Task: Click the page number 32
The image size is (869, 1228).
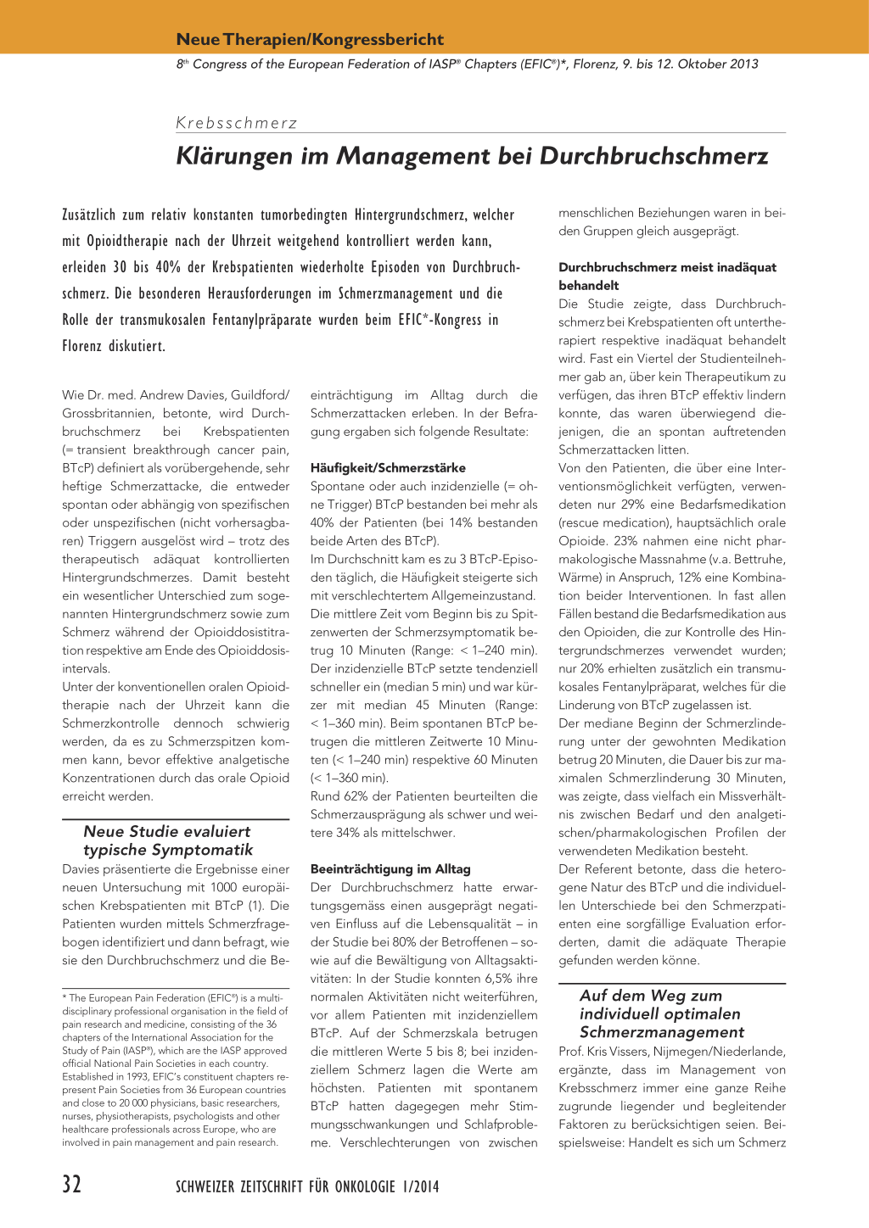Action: coord(72,1185)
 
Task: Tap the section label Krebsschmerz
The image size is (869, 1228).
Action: coord(237,123)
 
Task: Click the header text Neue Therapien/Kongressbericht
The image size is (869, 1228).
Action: coord(310,40)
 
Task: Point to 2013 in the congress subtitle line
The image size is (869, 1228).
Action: coord(743,64)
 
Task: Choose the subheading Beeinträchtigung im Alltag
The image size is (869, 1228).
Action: coord(390,869)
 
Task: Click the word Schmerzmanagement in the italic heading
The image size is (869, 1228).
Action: coord(662,1032)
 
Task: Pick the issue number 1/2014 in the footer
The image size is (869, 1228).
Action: coord(419,1186)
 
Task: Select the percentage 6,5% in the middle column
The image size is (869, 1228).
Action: coord(502,979)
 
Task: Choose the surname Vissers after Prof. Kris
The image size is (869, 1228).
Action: coord(633,1052)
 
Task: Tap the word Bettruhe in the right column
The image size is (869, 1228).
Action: coord(758,559)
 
